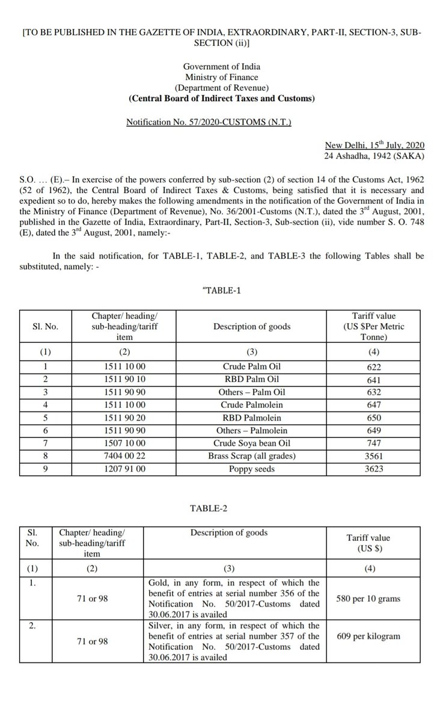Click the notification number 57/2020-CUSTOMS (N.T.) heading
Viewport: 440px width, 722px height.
(209, 122)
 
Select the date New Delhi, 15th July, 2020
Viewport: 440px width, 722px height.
(374, 146)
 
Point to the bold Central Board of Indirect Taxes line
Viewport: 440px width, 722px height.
(221, 98)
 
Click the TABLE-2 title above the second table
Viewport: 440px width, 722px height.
(209, 508)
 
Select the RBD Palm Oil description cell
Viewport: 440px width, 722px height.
(251, 379)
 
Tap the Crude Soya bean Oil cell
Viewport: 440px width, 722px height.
(251, 443)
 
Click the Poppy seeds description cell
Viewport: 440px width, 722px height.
(251, 469)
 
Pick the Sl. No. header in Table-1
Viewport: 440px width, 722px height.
(46, 327)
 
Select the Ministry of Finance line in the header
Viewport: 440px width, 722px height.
(221, 77)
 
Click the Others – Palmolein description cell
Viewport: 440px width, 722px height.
(251, 430)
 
